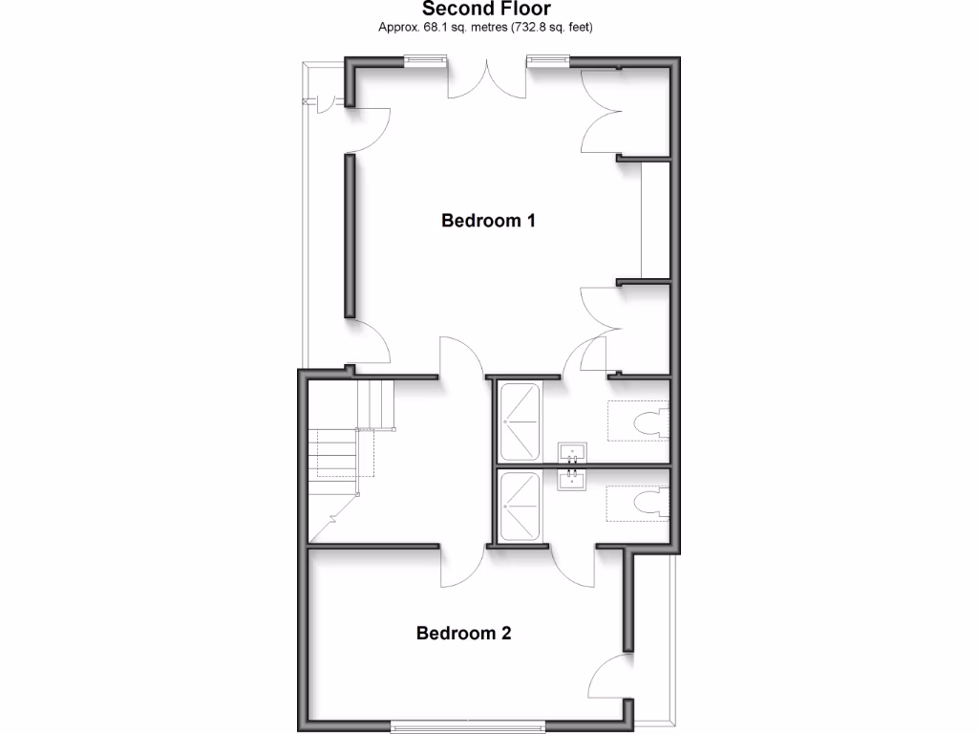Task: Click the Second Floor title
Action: [x=487, y=9]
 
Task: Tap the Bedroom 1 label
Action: [x=488, y=221]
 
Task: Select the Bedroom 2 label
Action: [x=464, y=633]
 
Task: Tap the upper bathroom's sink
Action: [x=573, y=451]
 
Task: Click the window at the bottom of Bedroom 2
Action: [x=469, y=726]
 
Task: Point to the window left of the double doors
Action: [x=425, y=61]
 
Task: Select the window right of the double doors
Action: [x=547, y=61]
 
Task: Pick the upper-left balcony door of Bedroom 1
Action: [x=370, y=129]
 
